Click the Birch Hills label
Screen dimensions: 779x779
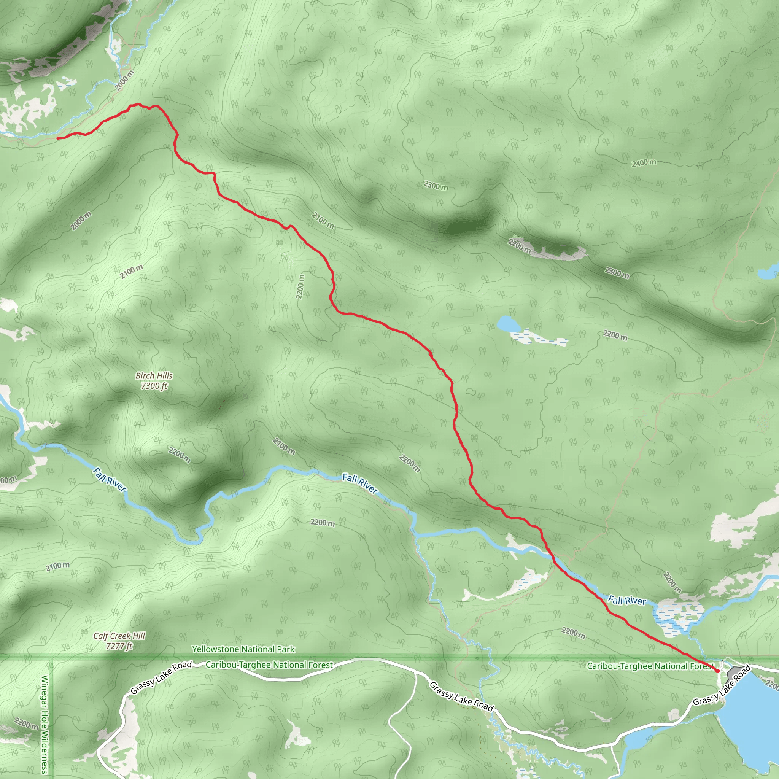[x=154, y=376]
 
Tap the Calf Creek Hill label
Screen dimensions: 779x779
[x=119, y=636]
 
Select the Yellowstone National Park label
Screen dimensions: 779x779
[x=243, y=649]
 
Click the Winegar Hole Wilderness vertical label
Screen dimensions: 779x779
[x=45, y=724]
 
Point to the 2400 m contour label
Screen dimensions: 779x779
[x=644, y=163]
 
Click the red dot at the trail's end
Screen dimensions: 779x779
[x=717, y=671]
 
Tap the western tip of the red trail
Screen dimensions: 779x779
[x=58, y=138]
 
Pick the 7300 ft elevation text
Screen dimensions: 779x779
[x=154, y=386]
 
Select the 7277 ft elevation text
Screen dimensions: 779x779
[x=119, y=646]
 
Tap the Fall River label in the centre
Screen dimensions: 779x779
[x=360, y=483]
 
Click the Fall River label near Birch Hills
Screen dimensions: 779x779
[x=109, y=479]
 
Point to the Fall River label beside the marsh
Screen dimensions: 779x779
[x=626, y=600]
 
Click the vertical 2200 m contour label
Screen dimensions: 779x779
[x=300, y=287]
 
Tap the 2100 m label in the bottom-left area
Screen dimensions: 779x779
[x=57, y=566]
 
